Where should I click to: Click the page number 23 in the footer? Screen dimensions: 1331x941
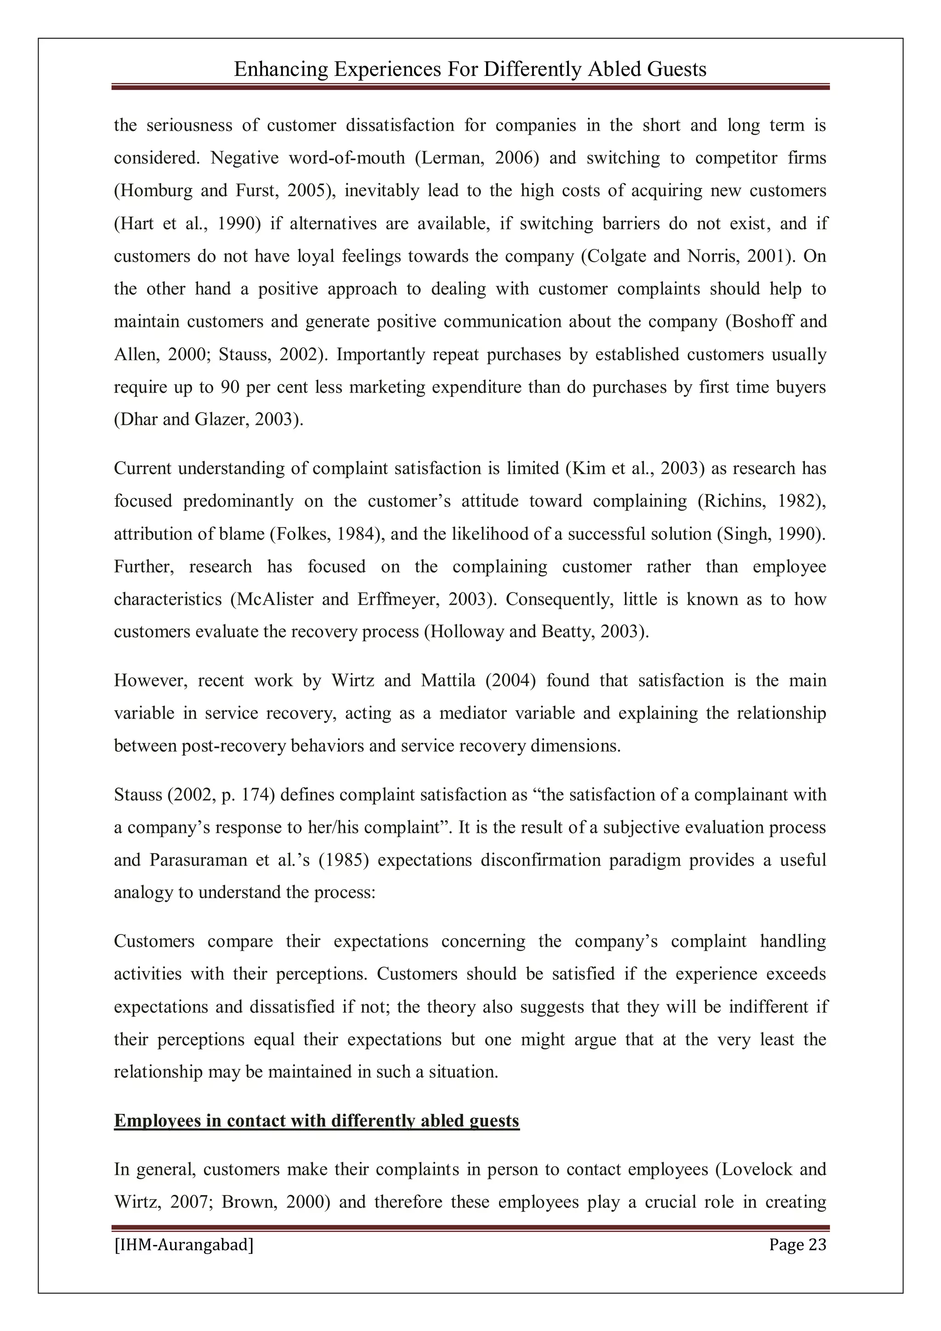pyautogui.click(x=816, y=1245)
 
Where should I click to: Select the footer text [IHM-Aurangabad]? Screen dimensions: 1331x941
pyautogui.click(x=183, y=1245)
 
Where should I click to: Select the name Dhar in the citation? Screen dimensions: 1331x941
pyautogui.click(x=137, y=419)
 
